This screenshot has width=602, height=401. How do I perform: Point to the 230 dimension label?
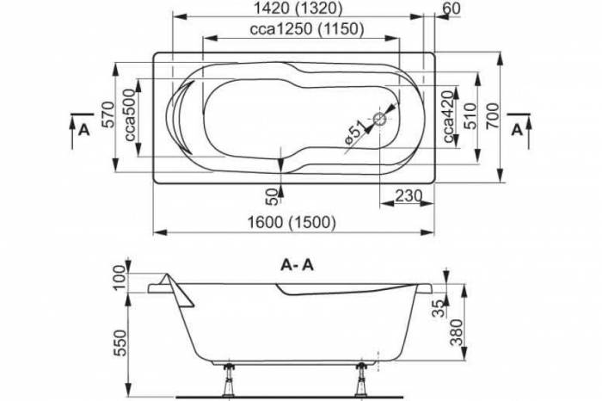pyautogui.click(x=408, y=196)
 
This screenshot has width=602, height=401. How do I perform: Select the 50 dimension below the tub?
pyautogui.click(x=273, y=195)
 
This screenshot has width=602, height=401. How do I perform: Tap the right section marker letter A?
pyautogui.click(x=515, y=130)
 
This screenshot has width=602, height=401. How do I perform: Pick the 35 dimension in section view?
pyautogui.click(x=439, y=304)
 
